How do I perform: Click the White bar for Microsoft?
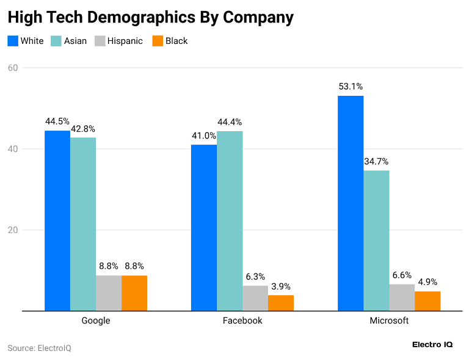[351, 203]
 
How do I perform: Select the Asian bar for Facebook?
[230, 221]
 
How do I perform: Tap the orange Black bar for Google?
[134, 293]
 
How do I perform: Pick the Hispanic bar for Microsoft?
[402, 297]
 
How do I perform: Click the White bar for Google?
[57, 221]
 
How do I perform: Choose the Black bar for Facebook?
[281, 303]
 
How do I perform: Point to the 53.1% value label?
[351, 87]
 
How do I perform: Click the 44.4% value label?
[230, 122]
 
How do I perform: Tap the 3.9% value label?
[281, 286]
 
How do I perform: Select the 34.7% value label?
[376, 162]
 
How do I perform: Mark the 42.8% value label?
[83, 129]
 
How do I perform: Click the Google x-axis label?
[96, 321]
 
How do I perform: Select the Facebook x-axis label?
[242, 321]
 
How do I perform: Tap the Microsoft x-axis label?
[389, 321]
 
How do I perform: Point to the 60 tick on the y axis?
[13, 68]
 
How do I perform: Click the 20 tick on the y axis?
[13, 230]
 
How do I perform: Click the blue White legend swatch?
[13, 41]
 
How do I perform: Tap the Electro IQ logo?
[432, 345]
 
